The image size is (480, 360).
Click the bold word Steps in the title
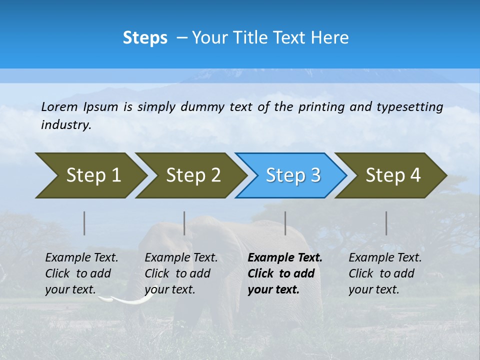(145, 38)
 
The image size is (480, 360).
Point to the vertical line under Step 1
(84, 223)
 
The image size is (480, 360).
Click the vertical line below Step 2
(184, 223)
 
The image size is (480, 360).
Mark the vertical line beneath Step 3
(285, 223)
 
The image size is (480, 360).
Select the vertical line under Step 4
(386, 223)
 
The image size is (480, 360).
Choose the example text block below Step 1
(81, 273)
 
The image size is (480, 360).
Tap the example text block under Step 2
(181, 273)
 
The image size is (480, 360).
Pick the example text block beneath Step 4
(385, 273)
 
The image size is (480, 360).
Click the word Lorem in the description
(59, 106)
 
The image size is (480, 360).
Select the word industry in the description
(65, 124)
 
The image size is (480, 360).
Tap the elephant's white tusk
(128, 299)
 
